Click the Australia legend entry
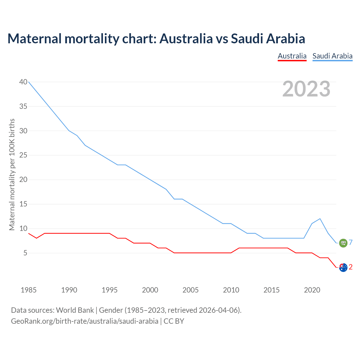click(292, 56)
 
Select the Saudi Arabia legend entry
click(332, 56)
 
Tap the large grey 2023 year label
click(306, 89)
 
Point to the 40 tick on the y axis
click(23, 82)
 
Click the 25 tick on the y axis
click(23, 155)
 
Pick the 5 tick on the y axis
click(25, 253)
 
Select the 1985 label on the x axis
click(29, 290)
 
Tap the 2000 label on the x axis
click(150, 290)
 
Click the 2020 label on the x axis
click(312, 290)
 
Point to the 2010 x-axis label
click(231, 290)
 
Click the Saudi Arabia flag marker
click(343, 243)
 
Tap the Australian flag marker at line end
click(343, 267)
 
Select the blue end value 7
click(351, 242)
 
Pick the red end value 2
click(351, 267)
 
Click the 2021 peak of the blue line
click(320, 219)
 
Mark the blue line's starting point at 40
click(29, 82)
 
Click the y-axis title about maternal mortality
click(12, 174)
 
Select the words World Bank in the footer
click(75, 310)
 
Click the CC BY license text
click(174, 321)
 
